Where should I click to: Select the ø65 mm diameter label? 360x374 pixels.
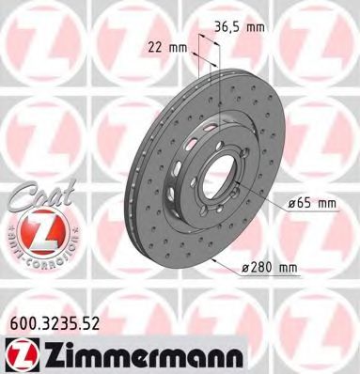click(311, 203)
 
